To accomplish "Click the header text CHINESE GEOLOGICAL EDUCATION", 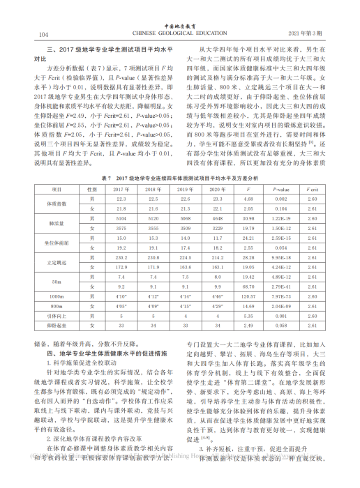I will [x=179, y=33].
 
